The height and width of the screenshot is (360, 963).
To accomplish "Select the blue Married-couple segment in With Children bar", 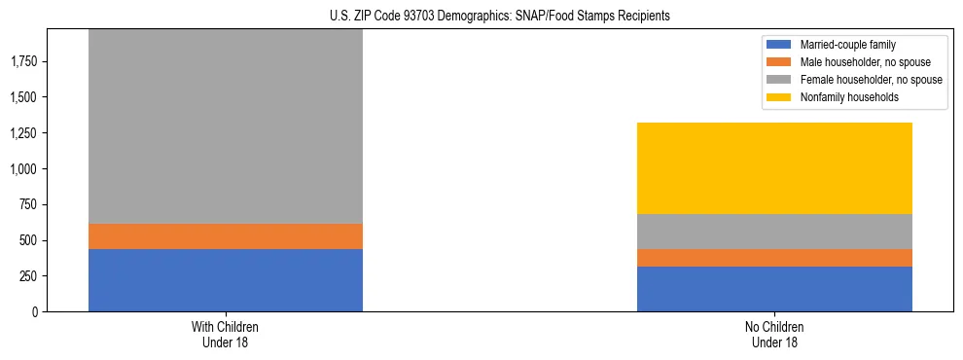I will (x=226, y=280).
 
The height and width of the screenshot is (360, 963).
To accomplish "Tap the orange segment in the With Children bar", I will (x=226, y=236).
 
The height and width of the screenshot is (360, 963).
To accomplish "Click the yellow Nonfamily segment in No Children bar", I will (x=774, y=168).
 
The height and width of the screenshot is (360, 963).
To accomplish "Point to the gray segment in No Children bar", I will (x=774, y=232).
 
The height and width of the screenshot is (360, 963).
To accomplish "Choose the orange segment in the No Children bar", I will (x=774, y=258).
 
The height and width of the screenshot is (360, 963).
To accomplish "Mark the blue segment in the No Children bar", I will (x=774, y=289).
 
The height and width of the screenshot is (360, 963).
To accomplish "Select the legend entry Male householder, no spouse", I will (x=858, y=62).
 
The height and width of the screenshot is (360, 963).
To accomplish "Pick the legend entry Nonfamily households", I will (x=842, y=97).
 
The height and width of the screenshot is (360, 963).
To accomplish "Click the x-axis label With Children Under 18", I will (x=226, y=334).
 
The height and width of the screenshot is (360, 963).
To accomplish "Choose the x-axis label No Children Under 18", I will (x=774, y=334).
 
